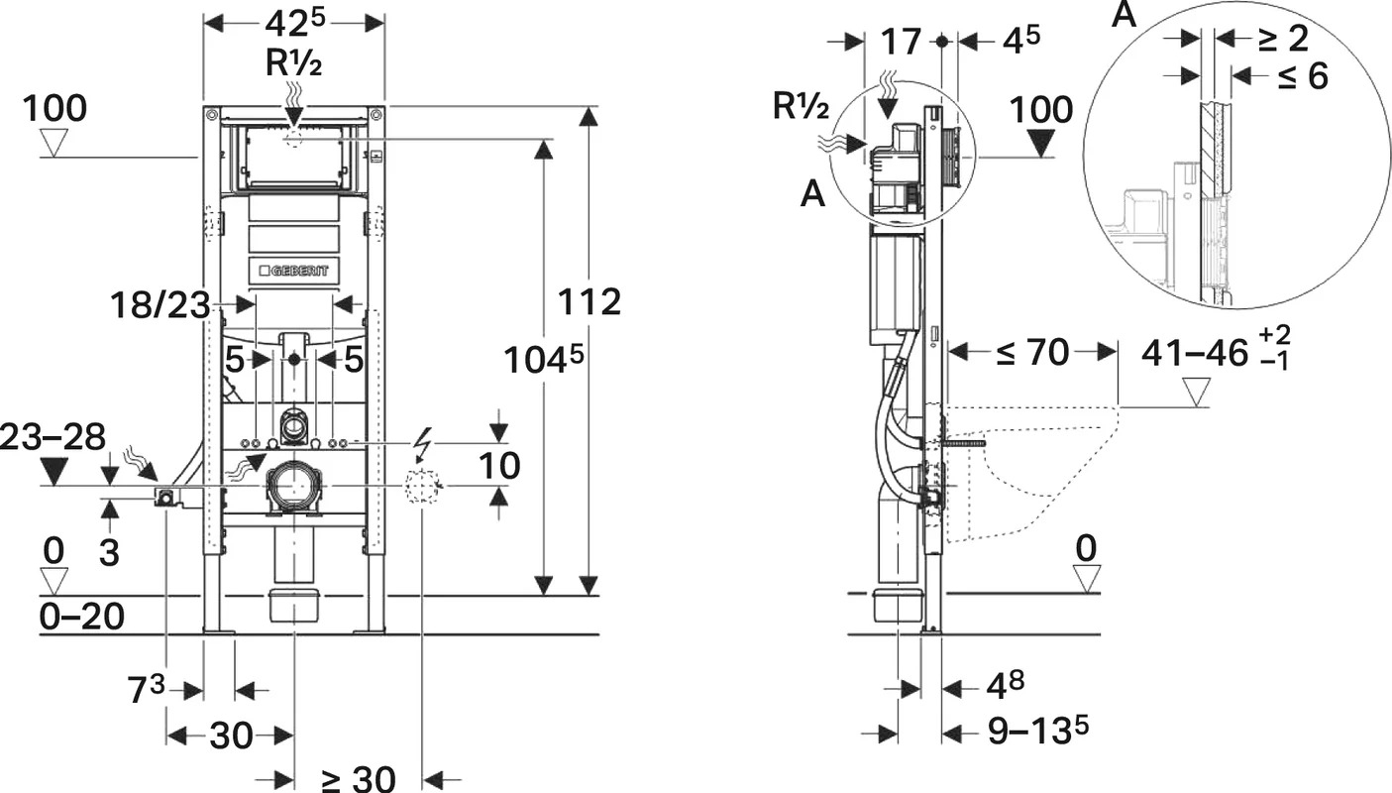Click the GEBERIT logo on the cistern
pos(294,271)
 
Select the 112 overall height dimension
pos(589,302)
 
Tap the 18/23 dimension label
pos(161,306)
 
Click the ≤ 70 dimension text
pos(1032,352)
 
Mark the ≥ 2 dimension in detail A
pos(1284,39)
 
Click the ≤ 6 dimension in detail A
pos(1303,76)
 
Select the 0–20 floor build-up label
pos(82,617)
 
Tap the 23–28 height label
pos(53,437)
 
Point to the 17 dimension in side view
pos(901,42)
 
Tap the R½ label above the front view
pos(294,62)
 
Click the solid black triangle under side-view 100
pos(1041,143)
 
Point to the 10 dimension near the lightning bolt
pos(499,465)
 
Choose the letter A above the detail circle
pos(1124,14)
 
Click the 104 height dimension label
pos(544,360)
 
